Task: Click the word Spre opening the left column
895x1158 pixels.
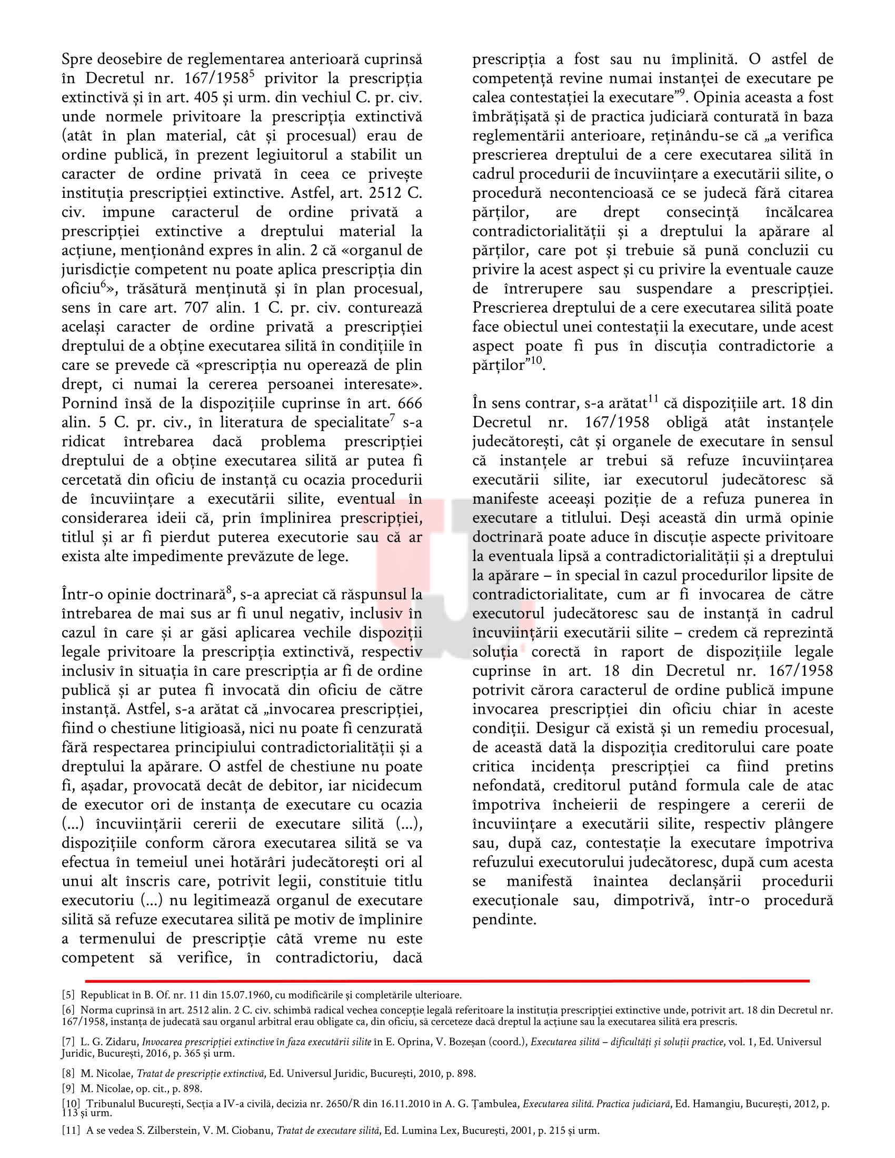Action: (x=77, y=59)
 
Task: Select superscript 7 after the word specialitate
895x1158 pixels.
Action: (x=392, y=418)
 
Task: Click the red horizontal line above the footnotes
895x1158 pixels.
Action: (x=447, y=982)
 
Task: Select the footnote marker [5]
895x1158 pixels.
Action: (x=68, y=995)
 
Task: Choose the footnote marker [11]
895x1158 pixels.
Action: (x=71, y=1131)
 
